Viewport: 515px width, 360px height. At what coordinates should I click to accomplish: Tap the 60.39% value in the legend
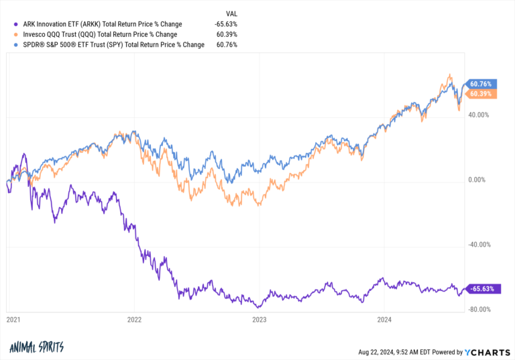[x=226, y=34]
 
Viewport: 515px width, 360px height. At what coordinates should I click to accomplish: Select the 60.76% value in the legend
[x=226, y=44]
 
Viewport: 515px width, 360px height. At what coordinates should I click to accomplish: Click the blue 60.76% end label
[x=482, y=84]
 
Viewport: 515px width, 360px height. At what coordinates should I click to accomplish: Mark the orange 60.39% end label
[x=482, y=94]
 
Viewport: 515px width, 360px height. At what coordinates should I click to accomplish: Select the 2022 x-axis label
[x=135, y=320]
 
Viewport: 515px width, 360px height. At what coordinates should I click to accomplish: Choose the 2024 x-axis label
[x=383, y=320]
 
